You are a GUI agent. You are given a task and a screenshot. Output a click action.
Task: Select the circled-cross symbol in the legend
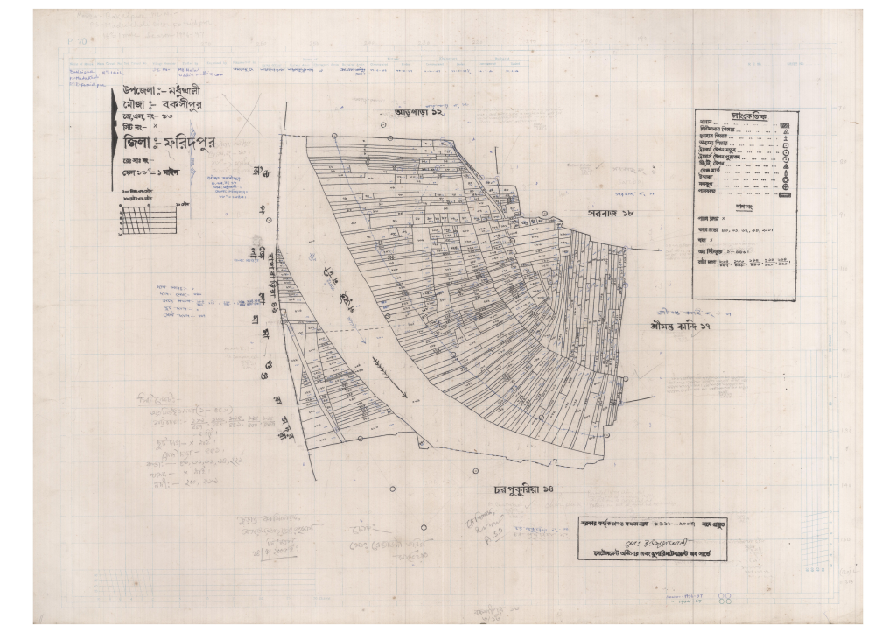tap(785, 186)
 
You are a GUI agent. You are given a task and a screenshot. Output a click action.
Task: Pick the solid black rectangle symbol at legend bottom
tap(784, 195)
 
